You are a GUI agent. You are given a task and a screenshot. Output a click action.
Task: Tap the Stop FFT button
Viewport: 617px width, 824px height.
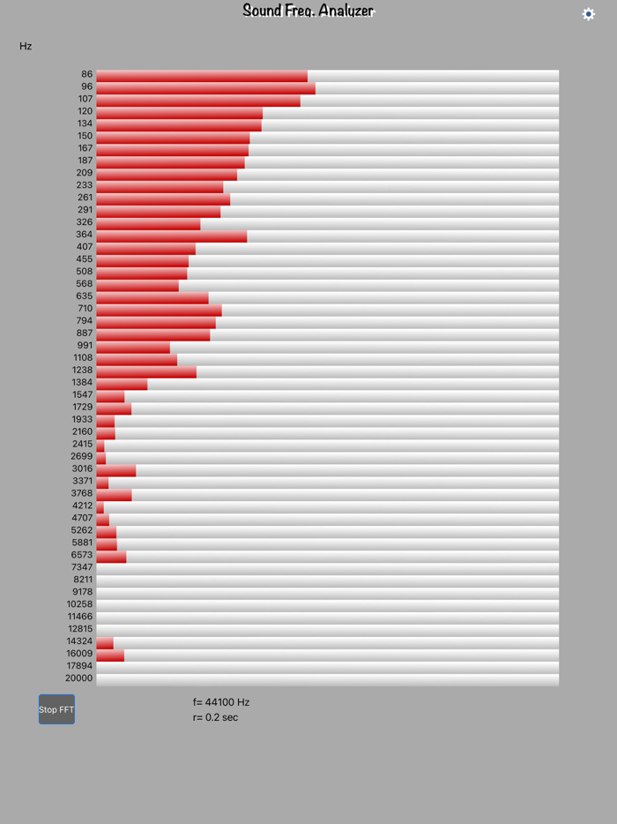point(56,709)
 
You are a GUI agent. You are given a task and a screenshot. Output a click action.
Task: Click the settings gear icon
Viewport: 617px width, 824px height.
point(589,14)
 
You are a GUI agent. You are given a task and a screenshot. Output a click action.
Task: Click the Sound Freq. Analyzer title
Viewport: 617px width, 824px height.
point(308,11)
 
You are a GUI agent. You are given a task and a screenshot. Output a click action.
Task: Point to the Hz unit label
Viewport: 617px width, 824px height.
point(26,46)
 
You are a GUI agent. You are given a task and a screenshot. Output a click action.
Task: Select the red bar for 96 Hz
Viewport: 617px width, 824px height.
point(205,87)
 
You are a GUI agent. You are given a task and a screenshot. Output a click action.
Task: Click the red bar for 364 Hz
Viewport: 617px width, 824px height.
point(171,235)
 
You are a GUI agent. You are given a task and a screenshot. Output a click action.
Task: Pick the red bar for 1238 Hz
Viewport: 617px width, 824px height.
point(146,371)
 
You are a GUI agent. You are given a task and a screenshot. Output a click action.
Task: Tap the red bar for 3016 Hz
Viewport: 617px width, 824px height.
point(115,469)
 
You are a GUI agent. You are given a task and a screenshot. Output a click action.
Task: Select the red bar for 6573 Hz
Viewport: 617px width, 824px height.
point(111,556)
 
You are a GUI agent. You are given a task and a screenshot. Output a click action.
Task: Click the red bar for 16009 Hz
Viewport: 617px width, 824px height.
point(110,655)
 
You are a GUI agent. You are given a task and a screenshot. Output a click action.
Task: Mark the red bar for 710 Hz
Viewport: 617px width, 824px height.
point(159,309)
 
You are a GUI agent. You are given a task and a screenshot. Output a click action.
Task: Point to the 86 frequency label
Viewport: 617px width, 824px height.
point(86,75)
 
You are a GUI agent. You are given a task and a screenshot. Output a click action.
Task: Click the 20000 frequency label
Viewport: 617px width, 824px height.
point(78,678)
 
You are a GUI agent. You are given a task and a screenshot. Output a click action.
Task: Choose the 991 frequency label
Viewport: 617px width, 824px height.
point(85,346)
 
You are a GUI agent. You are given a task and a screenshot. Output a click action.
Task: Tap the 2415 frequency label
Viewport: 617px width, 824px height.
point(82,445)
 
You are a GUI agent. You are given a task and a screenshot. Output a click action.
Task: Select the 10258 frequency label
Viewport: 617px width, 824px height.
point(79,604)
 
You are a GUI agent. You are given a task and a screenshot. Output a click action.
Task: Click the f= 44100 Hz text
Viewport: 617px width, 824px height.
point(221,702)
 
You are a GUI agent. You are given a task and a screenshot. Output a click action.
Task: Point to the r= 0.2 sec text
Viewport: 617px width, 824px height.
point(215,717)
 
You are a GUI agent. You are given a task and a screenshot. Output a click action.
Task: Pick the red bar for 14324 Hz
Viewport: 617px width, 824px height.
point(105,642)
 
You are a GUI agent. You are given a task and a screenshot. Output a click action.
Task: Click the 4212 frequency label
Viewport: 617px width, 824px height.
point(82,506)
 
